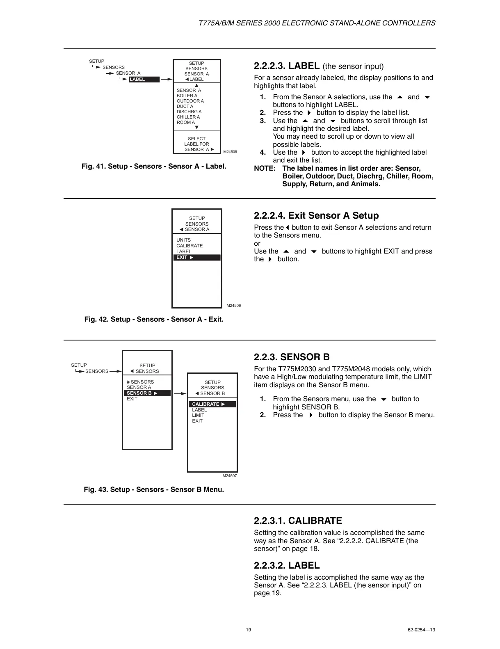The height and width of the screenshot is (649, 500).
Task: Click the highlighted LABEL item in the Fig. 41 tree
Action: (x=144, y=80)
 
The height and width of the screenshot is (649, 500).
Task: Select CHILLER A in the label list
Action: (x=188, y=117)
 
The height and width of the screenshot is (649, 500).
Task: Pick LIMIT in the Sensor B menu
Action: (x=198, y=415)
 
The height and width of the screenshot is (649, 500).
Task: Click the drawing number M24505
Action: (x=230, y=152)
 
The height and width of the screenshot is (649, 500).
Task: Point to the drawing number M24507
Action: (x=230, y=476)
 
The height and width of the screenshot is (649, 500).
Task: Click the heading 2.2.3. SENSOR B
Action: (x=292, y=357)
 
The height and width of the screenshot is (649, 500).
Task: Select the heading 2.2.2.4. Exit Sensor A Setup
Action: (x=316, y=215)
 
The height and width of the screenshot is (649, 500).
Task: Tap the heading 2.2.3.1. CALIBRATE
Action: (x=298, y=521)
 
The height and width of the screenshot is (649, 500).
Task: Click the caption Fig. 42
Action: (x=154, y=319)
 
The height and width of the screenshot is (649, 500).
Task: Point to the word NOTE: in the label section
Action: (x=265, y=169)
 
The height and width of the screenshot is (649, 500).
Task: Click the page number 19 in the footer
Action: (x=249, y=630)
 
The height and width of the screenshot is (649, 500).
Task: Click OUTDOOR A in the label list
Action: (x=190, y=101)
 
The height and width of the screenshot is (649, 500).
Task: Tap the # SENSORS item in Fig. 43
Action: (x=140, y=382)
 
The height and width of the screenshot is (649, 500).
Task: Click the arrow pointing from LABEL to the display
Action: (x=166, y=80)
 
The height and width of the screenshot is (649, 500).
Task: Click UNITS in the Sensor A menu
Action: (x=183, y=240)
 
